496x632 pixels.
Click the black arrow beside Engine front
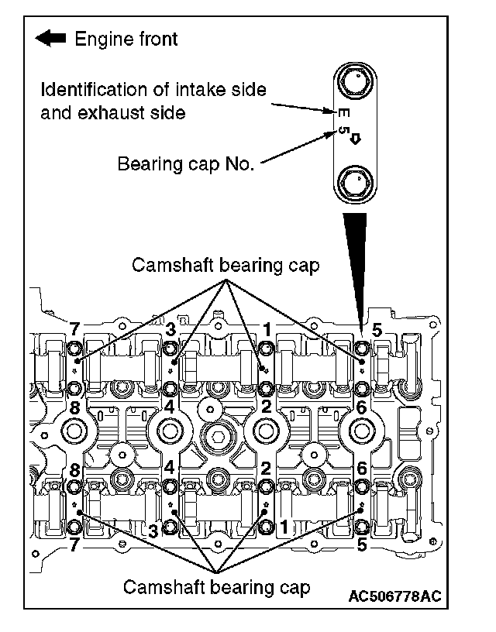(x=51, y=38)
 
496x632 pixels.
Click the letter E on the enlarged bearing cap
(x=344, y=113)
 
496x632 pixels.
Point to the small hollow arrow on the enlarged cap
(x=356, y=139)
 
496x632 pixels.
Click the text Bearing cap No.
(x=185, y=164)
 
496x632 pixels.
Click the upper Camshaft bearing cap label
(x=226, y=266)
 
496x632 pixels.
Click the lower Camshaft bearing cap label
(x=217, y=586)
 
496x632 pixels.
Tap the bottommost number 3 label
(x=153, y=531)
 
